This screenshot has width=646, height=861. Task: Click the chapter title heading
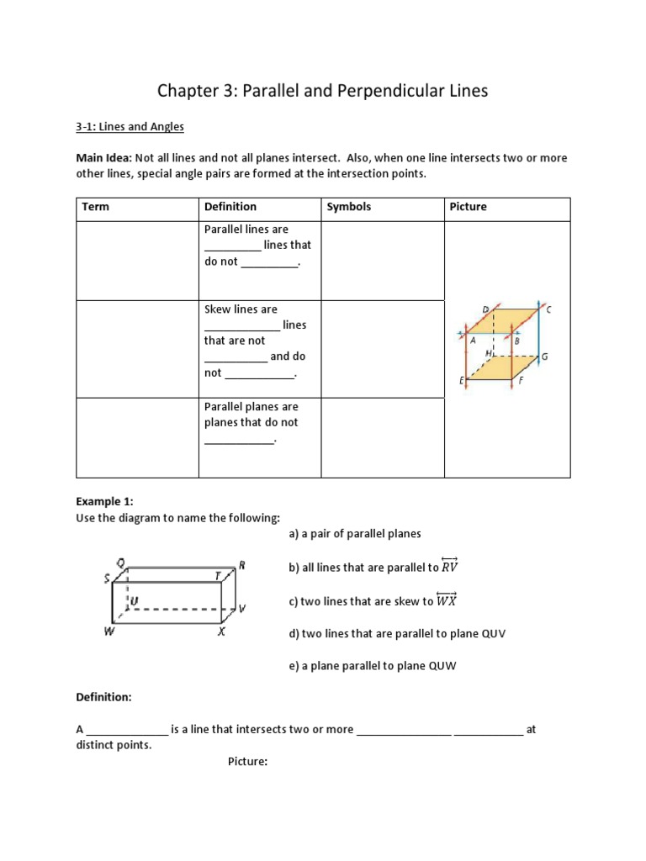pyautogui.click(x=323, y=91)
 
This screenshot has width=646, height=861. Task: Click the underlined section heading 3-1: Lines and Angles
pyautogui.click(x=130, y=127)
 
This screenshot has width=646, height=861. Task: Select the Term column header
pyautogui.click(x=95, y=207)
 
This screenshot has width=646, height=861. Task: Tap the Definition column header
pyautogui.click(x=230, y=207)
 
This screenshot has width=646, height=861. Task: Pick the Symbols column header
pyautogui.click(x=348, y=207)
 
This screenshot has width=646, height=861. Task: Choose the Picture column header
pyautogui.click(x=468, y=207)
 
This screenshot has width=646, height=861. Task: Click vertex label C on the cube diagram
pyautogui.click(x=548, y=309)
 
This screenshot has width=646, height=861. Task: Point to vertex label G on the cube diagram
pyautogui.click(x=544, y=357)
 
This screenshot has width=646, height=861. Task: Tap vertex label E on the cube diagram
pyautogui.click(x=461, y=381)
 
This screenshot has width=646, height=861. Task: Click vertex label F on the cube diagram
pyautogui.click(x=522, y=381)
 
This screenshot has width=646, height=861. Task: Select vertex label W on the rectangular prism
pyautogui.click(x=109, y=632)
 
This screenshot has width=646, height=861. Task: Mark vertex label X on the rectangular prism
pyautogui.click(x=221, y=632)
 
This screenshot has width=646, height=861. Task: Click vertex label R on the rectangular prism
pyautogui.click(x=241, y=565)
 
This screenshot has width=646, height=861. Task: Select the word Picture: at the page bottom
pyautogui.click(x=247, y=762)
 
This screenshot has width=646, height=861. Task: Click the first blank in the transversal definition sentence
pyautogui.click(x=127, y=730)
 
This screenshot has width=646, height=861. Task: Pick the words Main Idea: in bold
pyautogui.click(x=103, y=158)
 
